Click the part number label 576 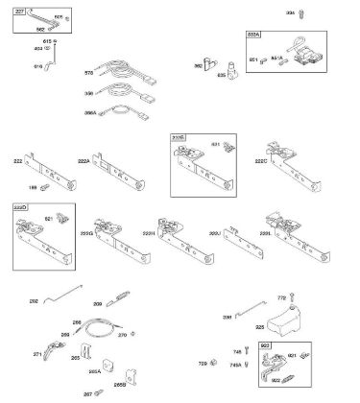pos(89,73)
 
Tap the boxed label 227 pos(19,11)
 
